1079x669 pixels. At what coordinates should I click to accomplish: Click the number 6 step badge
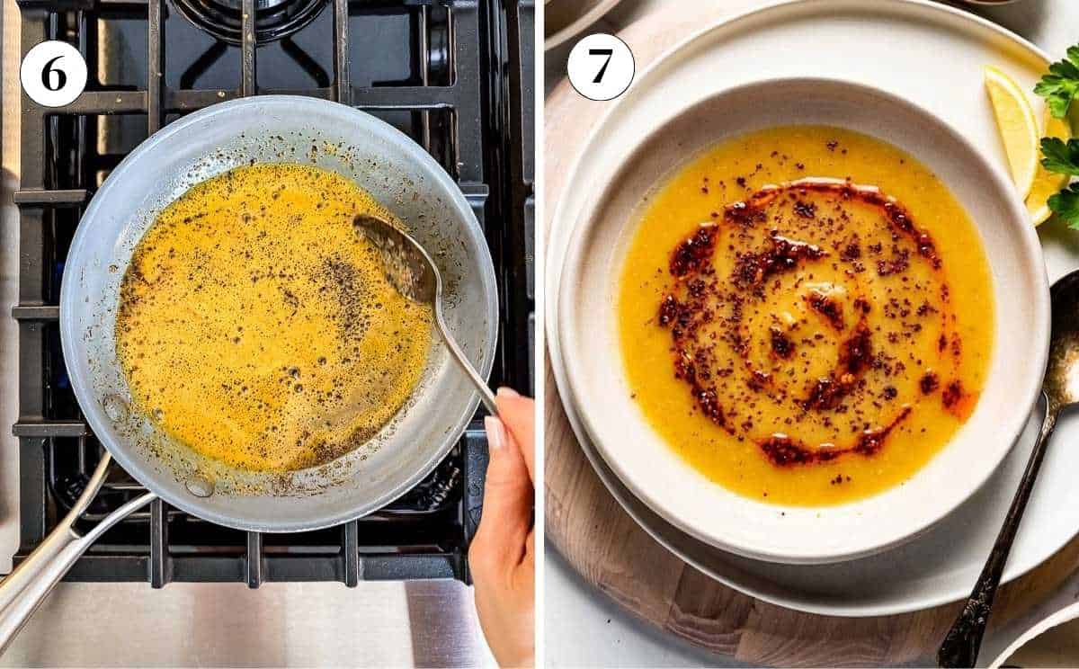[53, 74]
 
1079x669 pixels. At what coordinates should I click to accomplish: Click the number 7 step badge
[600, 67]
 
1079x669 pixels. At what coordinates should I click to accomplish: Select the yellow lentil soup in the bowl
[683, 423]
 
